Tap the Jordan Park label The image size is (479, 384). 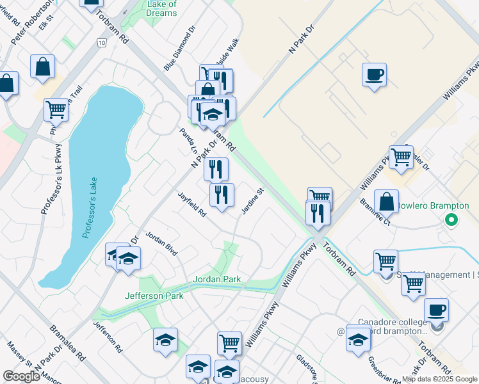[217, 280]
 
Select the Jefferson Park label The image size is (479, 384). [154, 296]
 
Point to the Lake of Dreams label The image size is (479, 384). [161, 8]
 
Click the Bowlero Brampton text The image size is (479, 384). [433, 205]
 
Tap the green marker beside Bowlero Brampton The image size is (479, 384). [451, 220]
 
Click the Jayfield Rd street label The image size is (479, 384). [192, 204]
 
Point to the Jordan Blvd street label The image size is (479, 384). [161, 243]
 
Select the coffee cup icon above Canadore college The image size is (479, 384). [436, 310]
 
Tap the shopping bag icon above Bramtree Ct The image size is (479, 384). [386, 201]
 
